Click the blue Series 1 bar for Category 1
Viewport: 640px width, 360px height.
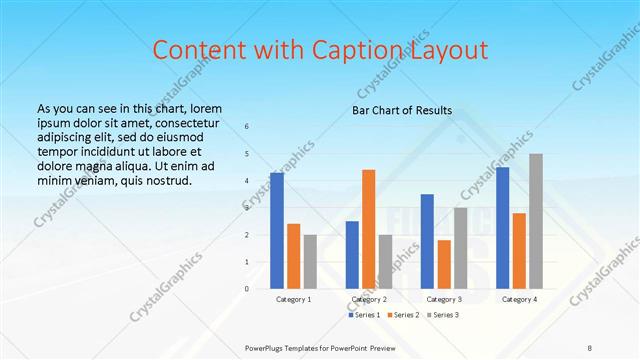pyautogui.click(x=277, y=231)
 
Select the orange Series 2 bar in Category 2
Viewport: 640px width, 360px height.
pyautogui.click(x=369, y=229)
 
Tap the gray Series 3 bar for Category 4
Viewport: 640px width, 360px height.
pyautogui.click(x=536, y=221)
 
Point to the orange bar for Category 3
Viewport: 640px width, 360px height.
pyautogui.click(x=444, y=264)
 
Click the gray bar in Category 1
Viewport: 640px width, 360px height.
pyautogui.click(x=310, y=262)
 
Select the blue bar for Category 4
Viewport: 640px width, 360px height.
pyautogui.click(x=502, y=228)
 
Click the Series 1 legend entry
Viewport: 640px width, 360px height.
pyautogui.click(x=365, y=316)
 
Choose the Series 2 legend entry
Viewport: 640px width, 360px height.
pyautogui.click(x=402, y=316)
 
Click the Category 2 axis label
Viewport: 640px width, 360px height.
pyautogui.click(x=369, y=299)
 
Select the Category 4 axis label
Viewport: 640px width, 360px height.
pyautogui.click(x=519, y=299)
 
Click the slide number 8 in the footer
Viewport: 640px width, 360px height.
pyautogui.click(x=590, y=348)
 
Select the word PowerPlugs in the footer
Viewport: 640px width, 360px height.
pyautogui.click(x=267, y=348)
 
